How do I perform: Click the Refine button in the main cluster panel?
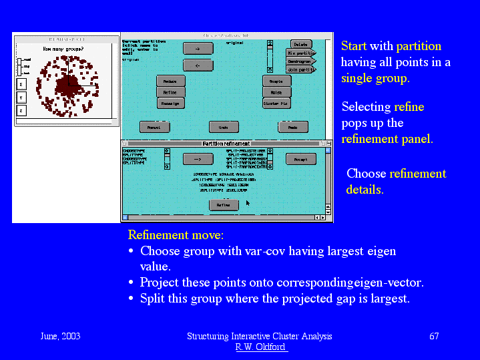[170, 93]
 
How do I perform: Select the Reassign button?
[170, 104]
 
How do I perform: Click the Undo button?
[224, 127]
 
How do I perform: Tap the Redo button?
[292, 127]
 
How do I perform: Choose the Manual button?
[154, 127]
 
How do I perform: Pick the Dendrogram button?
[300, 61]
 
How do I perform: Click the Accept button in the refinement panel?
[300, 159]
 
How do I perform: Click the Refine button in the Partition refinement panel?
[224, 205]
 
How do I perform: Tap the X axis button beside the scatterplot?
[21, 85]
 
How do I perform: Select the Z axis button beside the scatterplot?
[21, 110]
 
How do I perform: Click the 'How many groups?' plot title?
[67, 49]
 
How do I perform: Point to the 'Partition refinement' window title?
[226, 144]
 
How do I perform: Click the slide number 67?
[434, 336]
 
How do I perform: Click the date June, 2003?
[60, 336]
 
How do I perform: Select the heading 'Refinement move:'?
[176, 235]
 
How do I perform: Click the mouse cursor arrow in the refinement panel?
[248, 202]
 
